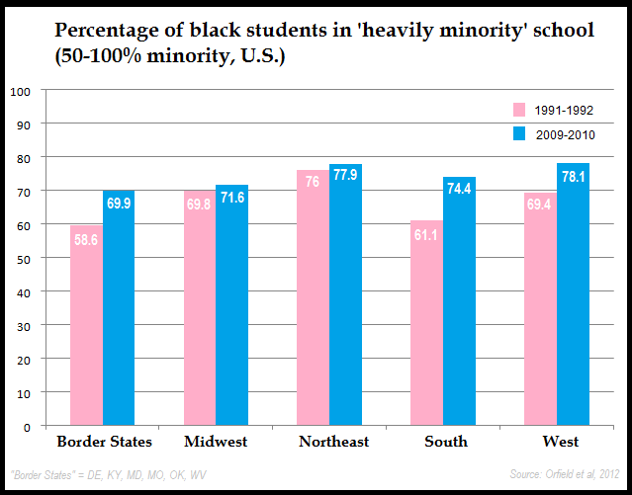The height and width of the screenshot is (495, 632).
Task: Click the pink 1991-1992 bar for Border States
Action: point(86,336)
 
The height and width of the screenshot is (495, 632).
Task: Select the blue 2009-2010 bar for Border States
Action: point(119,316)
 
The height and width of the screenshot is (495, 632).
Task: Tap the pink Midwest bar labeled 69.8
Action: point(200,316)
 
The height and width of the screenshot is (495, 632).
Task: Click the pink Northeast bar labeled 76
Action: point(313,306)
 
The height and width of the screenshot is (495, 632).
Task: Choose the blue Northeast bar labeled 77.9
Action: point(345,301)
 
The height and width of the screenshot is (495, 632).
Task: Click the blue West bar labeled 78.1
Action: point(573,301)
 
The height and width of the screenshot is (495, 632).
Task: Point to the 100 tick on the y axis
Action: point(21,91)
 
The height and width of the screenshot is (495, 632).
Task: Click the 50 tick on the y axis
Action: point(23,259)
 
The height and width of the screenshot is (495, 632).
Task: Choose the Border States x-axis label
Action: point(103,442)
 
